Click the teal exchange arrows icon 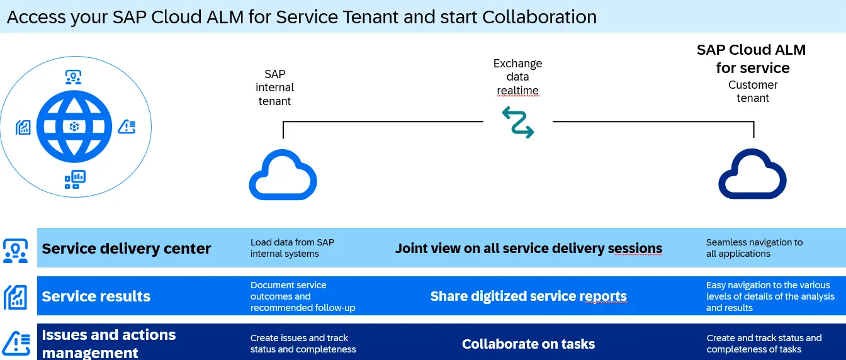tap(518, 122)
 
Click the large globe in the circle tap(74, 127)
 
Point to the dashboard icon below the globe tap(75, 179)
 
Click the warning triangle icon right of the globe tap(127, 127)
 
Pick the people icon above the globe tap(73, 77)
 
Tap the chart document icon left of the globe tap(23, 127)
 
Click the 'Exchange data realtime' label tap(518, 77)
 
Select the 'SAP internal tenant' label tap(274, 87)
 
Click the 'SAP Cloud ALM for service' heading tap(751, 59)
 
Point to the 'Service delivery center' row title tap(126, 248)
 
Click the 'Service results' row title tap(96, 296)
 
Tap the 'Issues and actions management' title tap(109, 344)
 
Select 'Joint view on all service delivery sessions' tap(528, 248)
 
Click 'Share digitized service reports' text tap(528, 296)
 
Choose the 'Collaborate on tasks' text tap(528, 344)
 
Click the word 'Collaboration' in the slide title tap(539, 17)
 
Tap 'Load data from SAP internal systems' tap(292, 248)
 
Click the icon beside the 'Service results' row tap(16, 297)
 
